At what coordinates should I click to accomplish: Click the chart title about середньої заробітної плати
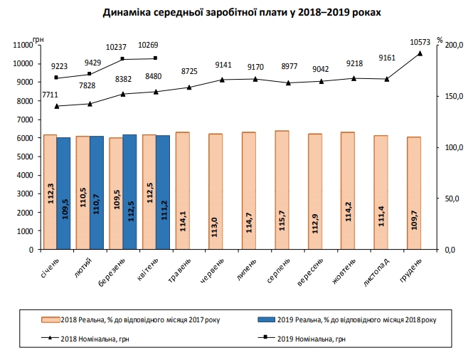coord(236,14)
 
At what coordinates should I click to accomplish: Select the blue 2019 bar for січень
coord(63,193)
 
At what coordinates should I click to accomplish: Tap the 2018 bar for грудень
coord(413,193)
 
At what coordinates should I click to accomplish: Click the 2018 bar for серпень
coord(282,190)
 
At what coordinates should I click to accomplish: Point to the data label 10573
coord(420,43)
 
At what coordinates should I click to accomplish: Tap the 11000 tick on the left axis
coord(23,45)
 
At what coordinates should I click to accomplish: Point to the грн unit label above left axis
coord(37,37)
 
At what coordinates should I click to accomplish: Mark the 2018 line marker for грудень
coord(420,53)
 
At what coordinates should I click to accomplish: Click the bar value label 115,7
coord(282,218)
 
